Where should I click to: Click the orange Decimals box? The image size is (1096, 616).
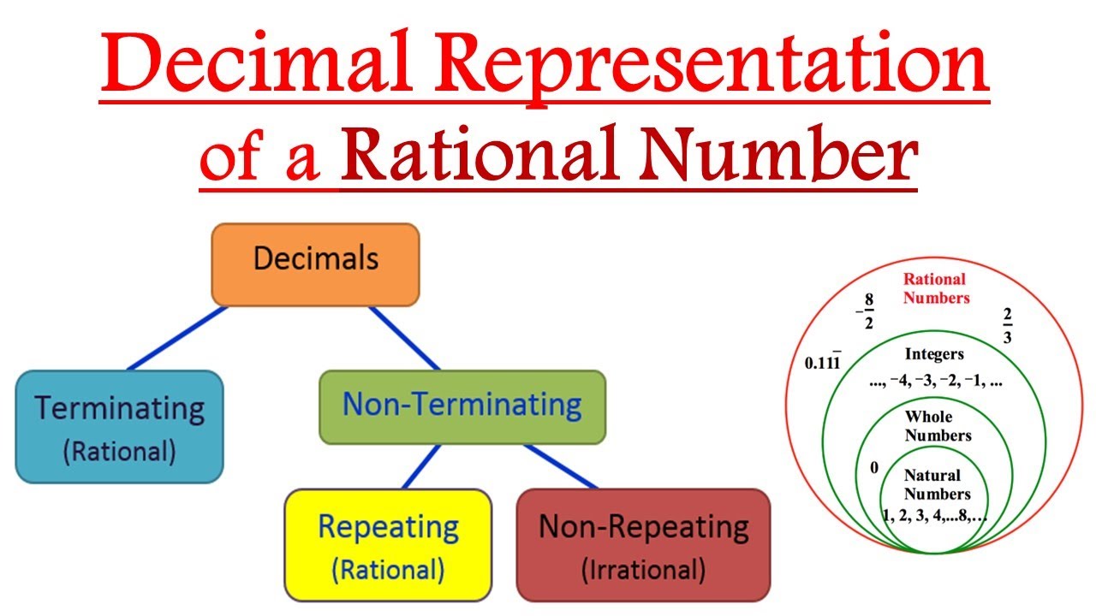pyautogui.click(x=315, y=264)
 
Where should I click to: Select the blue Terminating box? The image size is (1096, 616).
pyautogui.click(x=119, y=426)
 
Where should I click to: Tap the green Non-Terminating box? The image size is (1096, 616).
pyautogui.click(x=462, y=406)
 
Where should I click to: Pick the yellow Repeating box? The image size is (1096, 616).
pyautogui.click(x=388, y=543)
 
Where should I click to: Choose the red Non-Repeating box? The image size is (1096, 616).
pyautogui.click(x=643, y=543)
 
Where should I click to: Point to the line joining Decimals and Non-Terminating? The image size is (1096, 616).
pyautogui.click(x=404, y=337)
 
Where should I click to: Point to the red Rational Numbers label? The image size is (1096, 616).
pyautogui.click(x=935, y=288)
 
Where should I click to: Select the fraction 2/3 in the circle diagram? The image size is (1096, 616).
pyautogui.click(x=1007, y=326)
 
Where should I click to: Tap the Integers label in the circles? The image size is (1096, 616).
pyautogui.click(x=934, y=354)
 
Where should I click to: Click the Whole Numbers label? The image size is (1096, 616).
pyautogui.click(x=938, y=425)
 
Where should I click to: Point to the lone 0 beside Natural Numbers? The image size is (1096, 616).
pyautogui.click(x=874, y=468)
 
